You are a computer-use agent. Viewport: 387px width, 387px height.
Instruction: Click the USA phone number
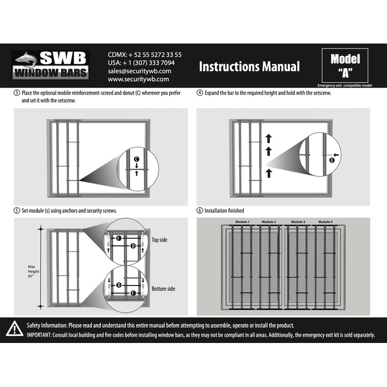[141, 62]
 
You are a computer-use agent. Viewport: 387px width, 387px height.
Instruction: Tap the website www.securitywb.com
[138, 79]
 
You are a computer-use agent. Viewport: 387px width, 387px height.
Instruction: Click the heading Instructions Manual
[249, 66]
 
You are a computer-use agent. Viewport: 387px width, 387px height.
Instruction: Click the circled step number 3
[17, 93]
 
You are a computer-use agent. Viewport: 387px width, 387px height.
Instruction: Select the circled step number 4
[200, 93]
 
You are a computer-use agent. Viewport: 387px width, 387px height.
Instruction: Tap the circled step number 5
[17, 211]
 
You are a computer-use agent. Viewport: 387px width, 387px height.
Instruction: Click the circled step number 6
[200, 211]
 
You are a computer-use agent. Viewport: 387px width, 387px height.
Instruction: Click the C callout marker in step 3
[136, 159]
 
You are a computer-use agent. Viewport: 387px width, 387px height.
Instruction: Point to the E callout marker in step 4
[332, 159]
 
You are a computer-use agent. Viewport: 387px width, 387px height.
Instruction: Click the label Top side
[160, 240]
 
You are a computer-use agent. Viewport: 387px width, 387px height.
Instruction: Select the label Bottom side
[163, 289]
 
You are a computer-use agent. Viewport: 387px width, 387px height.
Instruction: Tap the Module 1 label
[242, 222]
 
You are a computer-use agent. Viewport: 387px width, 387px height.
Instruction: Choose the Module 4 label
[325, 222]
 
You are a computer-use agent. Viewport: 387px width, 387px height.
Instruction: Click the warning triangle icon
[15, 330]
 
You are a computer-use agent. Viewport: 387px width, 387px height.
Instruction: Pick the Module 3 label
[298, 222]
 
